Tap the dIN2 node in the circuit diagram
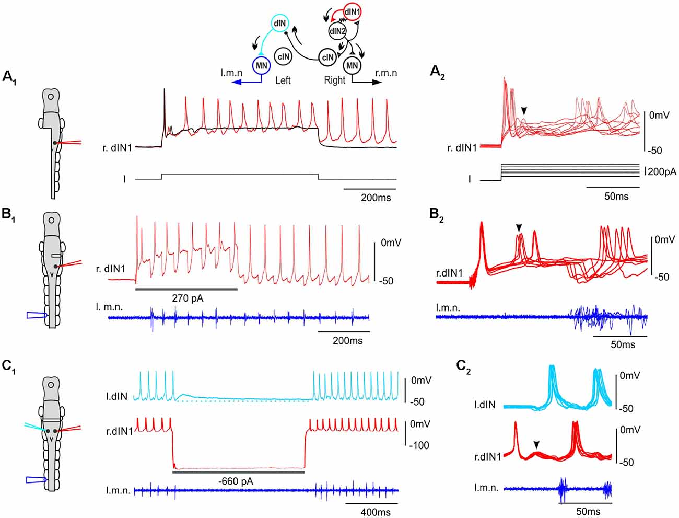coord(337,32)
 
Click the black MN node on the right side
coord(352,66)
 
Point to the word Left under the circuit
coord(283,80)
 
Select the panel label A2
coord(437,73)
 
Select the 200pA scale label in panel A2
coord(662,171)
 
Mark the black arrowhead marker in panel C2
coord(536,444)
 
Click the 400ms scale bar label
coord(376,512)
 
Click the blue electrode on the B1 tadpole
coord(37,315)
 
